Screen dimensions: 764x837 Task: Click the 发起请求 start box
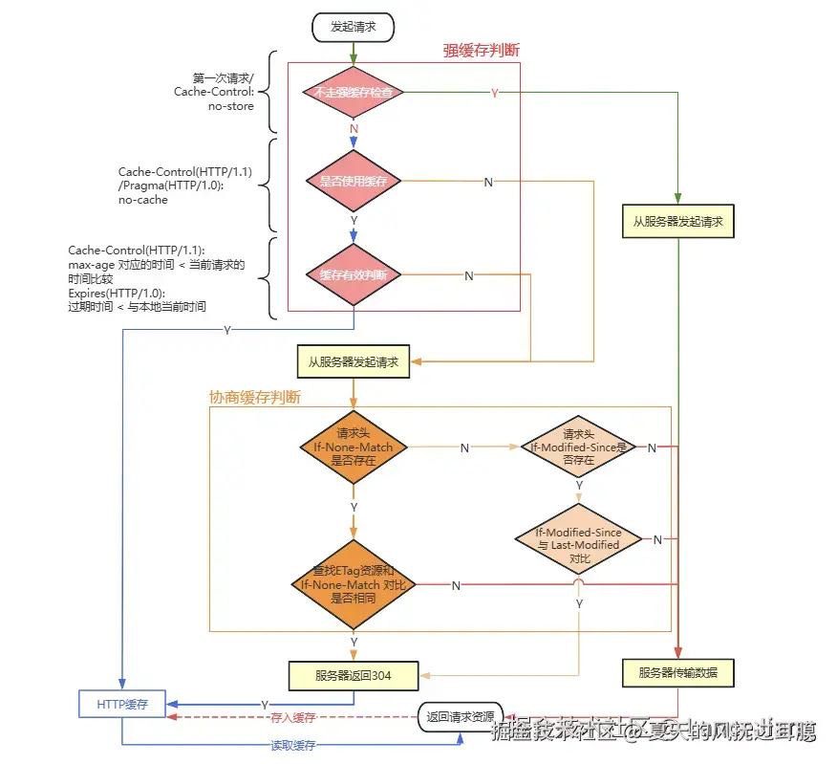354,27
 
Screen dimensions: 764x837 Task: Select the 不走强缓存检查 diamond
354,93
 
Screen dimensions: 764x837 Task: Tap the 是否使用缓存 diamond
354,181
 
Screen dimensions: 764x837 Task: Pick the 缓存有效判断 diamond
354,274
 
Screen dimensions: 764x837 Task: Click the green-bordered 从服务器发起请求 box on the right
677,221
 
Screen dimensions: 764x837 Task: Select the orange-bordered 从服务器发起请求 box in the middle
354,362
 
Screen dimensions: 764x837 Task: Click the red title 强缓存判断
481,51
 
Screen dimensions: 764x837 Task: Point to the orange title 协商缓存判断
254,396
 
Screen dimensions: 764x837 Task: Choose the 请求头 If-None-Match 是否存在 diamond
354,447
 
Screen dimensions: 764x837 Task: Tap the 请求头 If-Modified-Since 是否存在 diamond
579,447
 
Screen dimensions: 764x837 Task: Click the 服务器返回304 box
354,675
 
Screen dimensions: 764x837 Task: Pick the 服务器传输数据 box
677,673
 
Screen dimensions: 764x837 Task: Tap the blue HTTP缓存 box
121,703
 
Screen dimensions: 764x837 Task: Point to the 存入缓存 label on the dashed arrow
292,717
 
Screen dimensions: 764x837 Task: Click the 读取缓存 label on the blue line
292,745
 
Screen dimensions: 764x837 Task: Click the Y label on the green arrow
494,93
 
